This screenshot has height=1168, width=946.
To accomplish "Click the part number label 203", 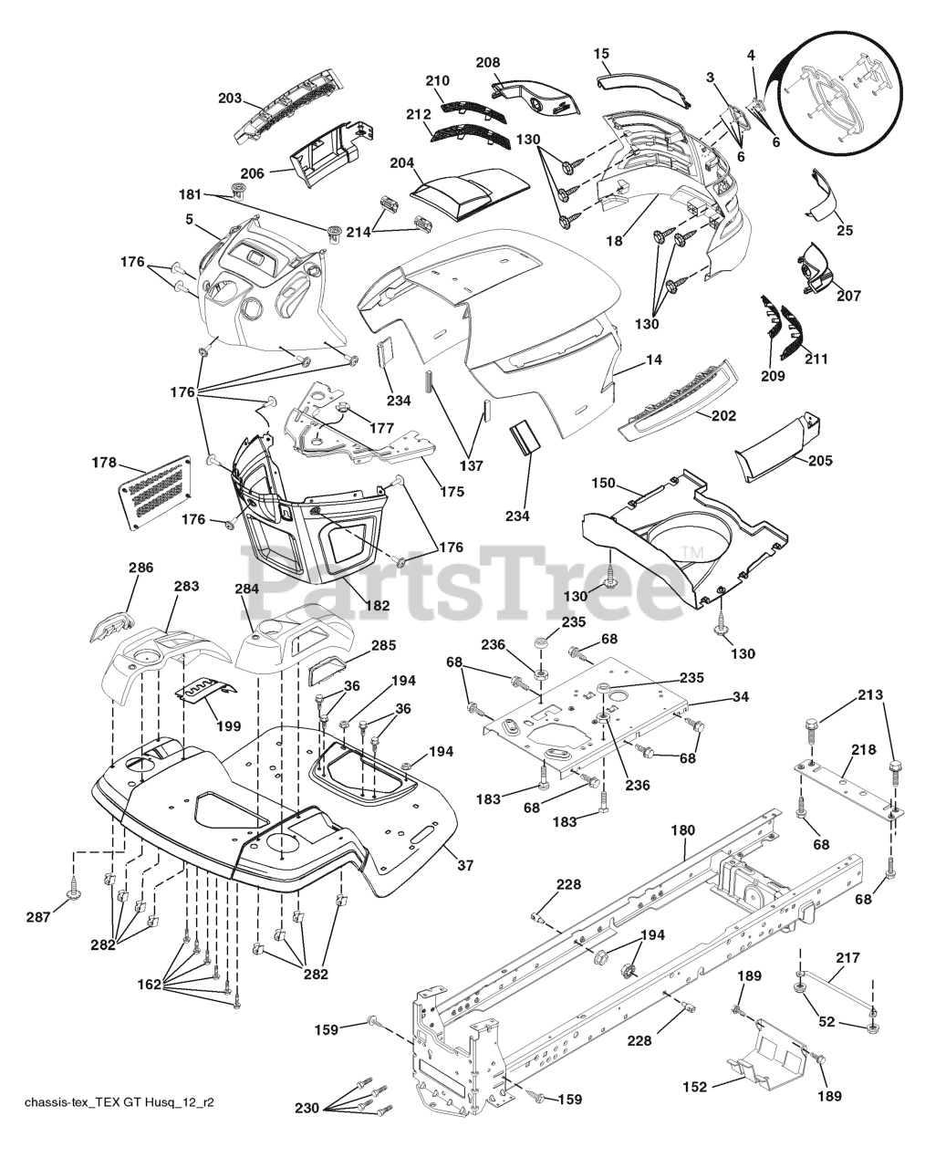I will (x=230, y=97).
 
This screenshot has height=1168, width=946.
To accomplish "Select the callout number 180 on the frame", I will (x=682, y=830).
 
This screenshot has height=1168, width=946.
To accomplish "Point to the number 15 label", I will (x=601, y=53).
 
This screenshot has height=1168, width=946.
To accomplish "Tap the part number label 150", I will (x=603, y=483).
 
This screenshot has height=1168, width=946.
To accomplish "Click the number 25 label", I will (x=845, y=230).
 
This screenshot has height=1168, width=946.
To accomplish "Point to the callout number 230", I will (x=308, y=1109).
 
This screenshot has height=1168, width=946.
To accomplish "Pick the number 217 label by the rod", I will (x=847, y=957).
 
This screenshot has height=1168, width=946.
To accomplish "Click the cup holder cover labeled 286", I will (x=113, y=628).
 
